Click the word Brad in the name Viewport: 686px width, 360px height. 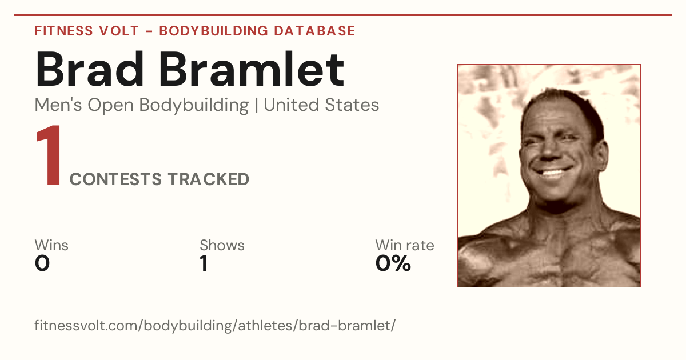click(89, 69)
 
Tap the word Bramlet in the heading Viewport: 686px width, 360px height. click(252, 69)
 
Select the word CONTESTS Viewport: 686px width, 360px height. click(115, 179)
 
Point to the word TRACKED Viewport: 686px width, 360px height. click(209, 179)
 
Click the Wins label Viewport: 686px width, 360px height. click(51, 245)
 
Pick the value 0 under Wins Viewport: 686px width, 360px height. click(42, 263)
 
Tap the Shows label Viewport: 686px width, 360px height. click(222, 245)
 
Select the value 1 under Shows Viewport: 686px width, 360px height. click(204, 263)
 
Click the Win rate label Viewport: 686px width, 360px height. click(405, 245)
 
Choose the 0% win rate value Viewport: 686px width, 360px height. click(393, 263)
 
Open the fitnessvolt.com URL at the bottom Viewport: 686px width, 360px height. click(215, 325)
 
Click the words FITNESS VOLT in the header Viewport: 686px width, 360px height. click(87, 31)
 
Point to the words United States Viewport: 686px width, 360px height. click(321, 105)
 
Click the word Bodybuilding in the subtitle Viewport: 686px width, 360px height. click(194, 106)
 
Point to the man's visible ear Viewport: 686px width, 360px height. click(601, 155)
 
